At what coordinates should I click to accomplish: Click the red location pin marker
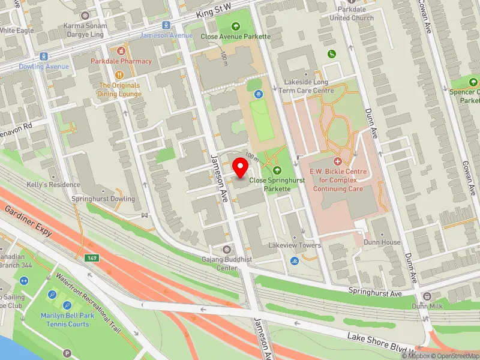[241, 167]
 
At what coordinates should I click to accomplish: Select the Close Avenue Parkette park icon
[235, 26]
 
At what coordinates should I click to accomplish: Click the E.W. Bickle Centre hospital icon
[337, 162]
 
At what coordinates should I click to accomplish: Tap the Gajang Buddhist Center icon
[226, 249]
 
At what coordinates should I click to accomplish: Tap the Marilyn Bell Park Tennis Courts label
[65, 320]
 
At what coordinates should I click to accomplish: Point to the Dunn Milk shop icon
[427, 296]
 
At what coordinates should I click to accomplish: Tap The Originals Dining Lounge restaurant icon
[121, 75]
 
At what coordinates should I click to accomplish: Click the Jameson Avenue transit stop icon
[165, 25]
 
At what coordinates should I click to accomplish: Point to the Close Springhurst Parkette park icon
[277, 171]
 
